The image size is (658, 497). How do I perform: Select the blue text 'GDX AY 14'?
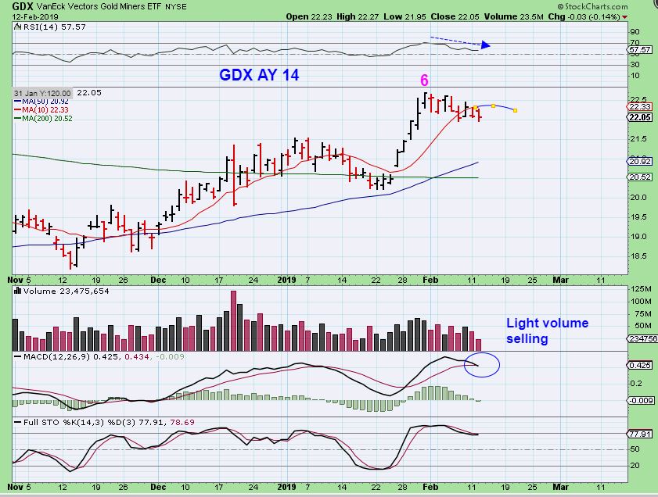[258, 76]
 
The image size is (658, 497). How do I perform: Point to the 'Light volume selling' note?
[547, 331]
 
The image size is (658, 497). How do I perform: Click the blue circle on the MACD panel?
[482, 364]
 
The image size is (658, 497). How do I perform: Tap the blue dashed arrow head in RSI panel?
[486, 45]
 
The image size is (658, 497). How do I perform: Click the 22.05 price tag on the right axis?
[641, 117]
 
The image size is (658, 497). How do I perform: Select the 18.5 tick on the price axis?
[637, 256]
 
